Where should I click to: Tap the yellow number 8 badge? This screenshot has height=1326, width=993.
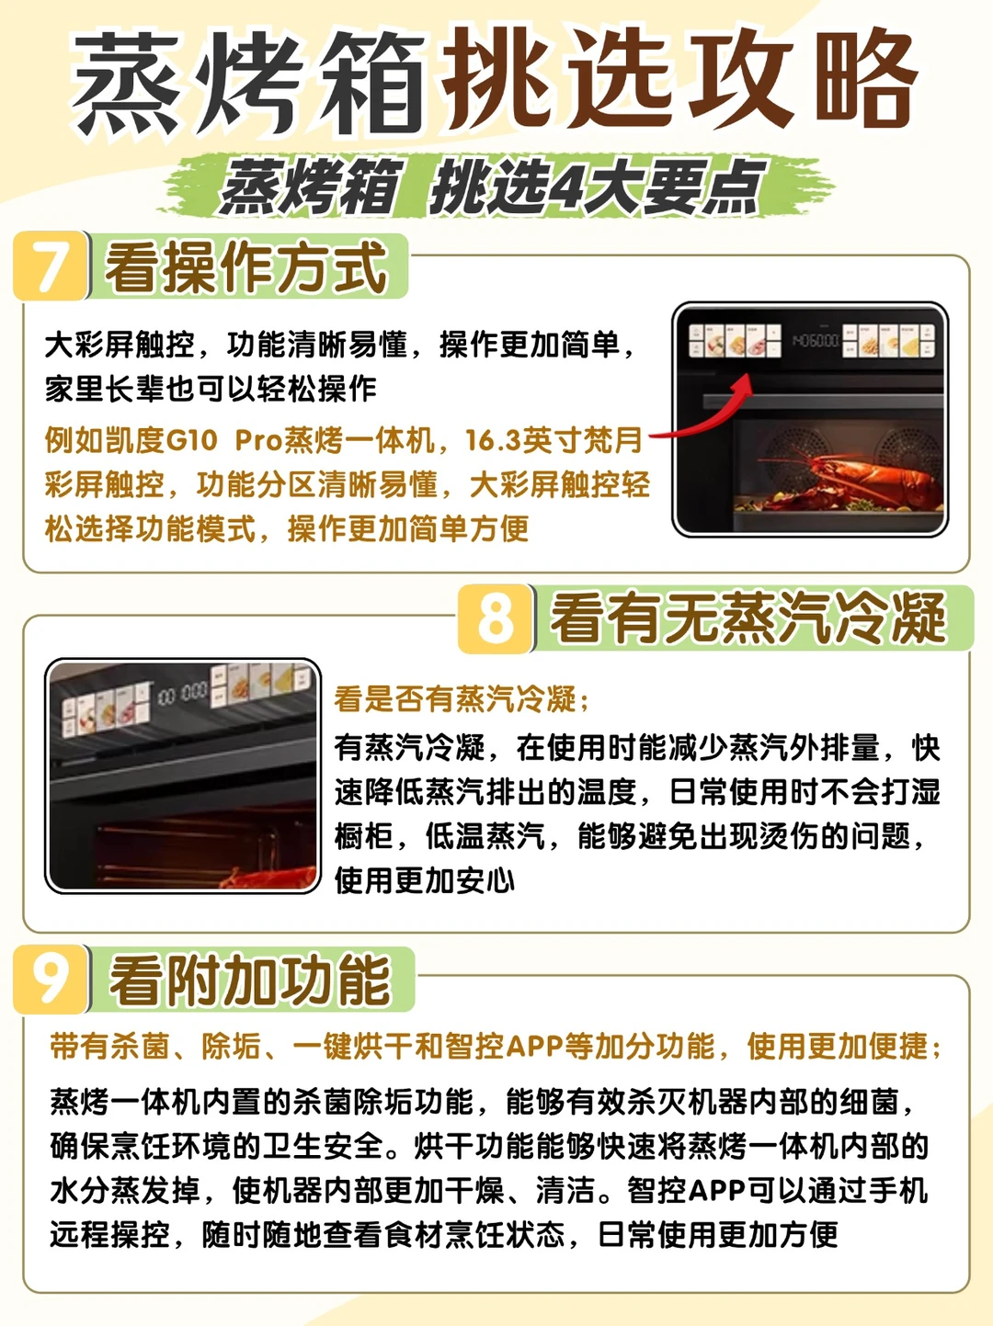[496, 618]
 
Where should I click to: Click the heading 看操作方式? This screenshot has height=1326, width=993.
[245, 267]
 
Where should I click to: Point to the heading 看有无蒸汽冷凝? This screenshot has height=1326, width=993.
[748, 618]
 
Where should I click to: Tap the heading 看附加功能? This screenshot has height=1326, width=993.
[249, 980]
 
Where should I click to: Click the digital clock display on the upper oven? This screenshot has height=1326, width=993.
[816, 341]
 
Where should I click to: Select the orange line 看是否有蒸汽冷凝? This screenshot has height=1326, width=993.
[462, 699]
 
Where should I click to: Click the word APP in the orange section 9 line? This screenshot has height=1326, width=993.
[534, 1047]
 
